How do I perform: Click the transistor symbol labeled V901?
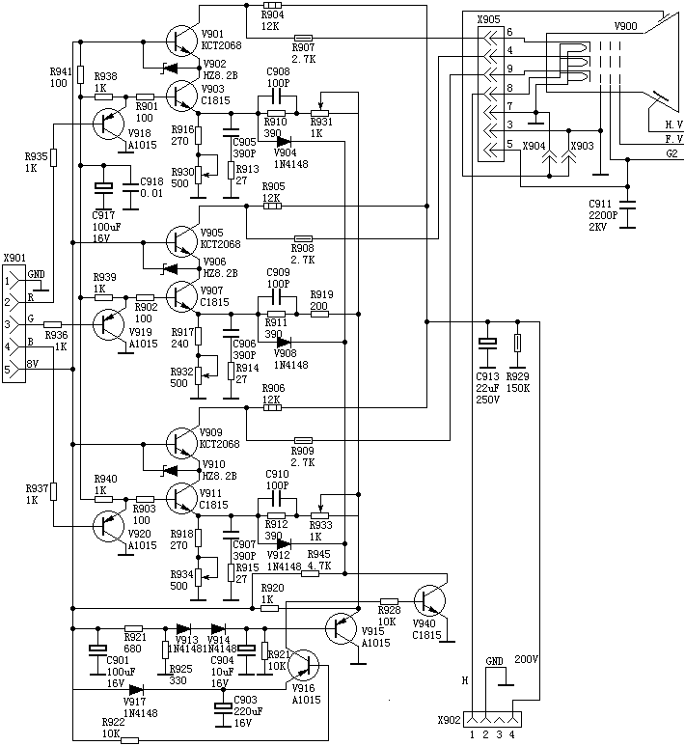[182, 40]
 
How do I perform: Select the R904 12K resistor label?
[272, 20]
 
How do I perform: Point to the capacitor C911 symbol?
[629, 205]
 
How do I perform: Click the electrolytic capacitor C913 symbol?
[487, 343]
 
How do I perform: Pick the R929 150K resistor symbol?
[518, 343]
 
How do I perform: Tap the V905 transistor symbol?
[182, 238]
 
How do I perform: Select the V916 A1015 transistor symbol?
[304, 665]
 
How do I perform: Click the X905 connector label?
[489, 18]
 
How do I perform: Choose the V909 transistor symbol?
[182, 441]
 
